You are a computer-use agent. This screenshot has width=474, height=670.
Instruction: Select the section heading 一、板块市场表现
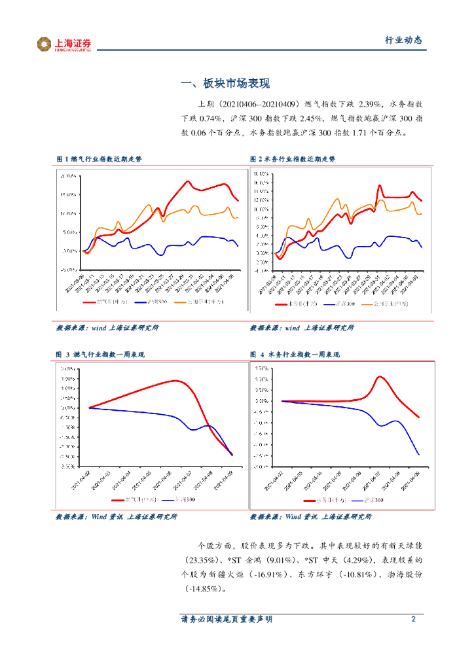pos(225,84)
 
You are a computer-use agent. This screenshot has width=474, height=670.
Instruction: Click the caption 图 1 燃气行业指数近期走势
pos(98,159)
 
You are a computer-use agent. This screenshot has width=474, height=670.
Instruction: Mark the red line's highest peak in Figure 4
pos(380,377)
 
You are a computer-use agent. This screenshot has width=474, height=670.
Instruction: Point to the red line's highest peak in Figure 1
pos(188,181)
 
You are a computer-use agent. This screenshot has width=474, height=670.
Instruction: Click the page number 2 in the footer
pos(413,620)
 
